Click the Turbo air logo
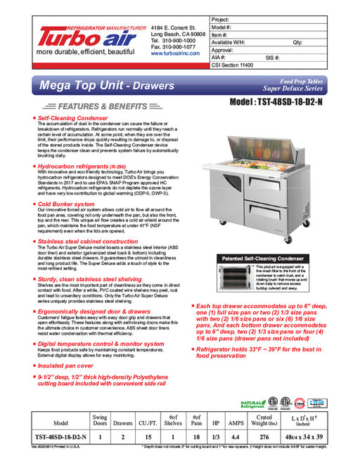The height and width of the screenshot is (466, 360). (88, 36)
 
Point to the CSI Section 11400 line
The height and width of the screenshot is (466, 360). (236, 64)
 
